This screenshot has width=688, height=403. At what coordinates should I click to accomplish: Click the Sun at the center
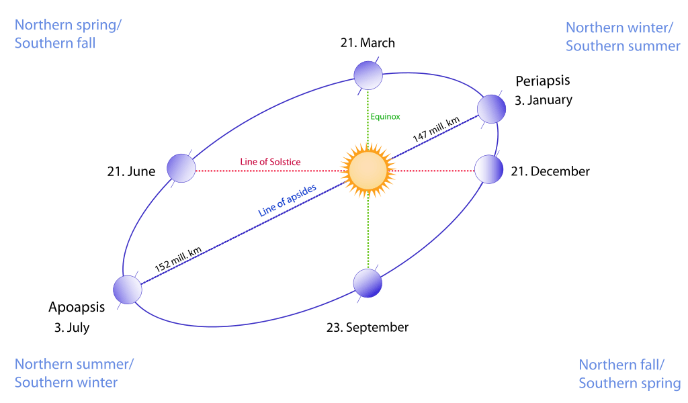(367, 171)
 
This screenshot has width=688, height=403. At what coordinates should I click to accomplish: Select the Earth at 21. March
(368, 75)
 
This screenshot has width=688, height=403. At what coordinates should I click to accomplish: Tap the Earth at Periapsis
(491, 108)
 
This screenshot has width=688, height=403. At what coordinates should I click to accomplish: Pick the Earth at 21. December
(488, 169)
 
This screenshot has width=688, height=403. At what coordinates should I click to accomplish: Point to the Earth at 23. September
(368, 283)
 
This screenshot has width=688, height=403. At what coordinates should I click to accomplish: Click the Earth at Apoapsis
(127, 290)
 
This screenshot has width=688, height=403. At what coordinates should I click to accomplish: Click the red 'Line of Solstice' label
(270, 162)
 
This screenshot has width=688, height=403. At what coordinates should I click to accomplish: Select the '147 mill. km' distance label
(436, 128)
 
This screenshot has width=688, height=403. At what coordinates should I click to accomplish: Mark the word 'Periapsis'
(542, 81)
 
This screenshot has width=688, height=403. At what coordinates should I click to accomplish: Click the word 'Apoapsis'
(77, 308)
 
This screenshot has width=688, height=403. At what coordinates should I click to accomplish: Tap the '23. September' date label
(367, 328)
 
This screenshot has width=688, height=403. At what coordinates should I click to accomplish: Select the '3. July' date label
(72, 328)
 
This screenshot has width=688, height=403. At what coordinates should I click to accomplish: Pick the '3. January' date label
(544, 101)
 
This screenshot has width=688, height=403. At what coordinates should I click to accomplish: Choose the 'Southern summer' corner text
(623, 46)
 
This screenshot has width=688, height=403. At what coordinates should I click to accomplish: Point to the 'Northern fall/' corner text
(621, 365)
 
